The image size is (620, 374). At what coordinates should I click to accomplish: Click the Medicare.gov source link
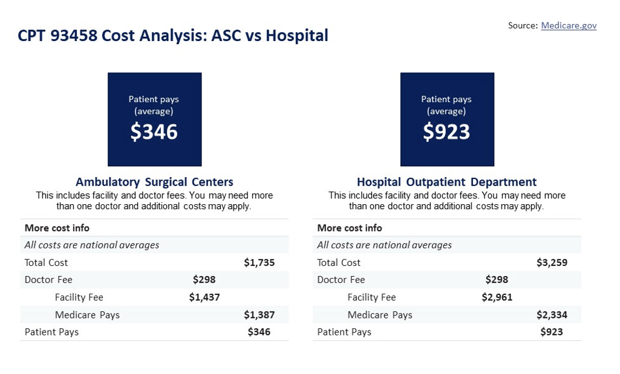(x=569, y=25)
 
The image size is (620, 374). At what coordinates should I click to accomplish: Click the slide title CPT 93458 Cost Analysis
(x=173, y=36)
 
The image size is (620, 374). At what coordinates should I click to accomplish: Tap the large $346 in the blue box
(x=154, y=132)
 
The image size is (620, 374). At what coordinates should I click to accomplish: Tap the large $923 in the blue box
(x=446, y=132)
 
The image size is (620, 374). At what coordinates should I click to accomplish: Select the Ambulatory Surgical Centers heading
(x=154, y=182)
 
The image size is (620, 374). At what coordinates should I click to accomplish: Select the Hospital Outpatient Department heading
(x=446, y=182)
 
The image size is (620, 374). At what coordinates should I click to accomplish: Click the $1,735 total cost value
(x=259, y=263)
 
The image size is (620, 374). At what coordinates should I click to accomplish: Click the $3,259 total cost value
(x=552, y=263)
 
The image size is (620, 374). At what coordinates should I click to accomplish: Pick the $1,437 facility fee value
(x=204, y=297)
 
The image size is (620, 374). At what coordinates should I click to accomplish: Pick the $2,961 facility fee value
(x=497, y=297)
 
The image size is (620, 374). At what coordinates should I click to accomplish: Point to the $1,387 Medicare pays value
(x=259, y=315)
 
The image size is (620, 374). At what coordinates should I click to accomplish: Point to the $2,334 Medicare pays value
(x=552, y=315)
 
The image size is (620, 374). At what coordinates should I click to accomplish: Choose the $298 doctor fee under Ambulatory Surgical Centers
(x=204, y=280)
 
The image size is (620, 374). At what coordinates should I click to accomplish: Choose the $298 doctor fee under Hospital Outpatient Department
(x=497, y=280)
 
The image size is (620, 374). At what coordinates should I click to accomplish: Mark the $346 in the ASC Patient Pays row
(x=259, y=332)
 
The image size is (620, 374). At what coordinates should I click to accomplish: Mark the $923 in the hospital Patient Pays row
(x=552, y=332)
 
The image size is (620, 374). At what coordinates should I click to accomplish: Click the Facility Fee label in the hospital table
(x=371, y=297)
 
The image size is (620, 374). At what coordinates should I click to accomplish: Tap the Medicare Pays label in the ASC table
(x=87, y=315)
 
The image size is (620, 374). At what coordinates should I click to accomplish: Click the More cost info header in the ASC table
(x=57, y=228)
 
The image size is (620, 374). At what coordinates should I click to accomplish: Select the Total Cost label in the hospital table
(x=339, y=263)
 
